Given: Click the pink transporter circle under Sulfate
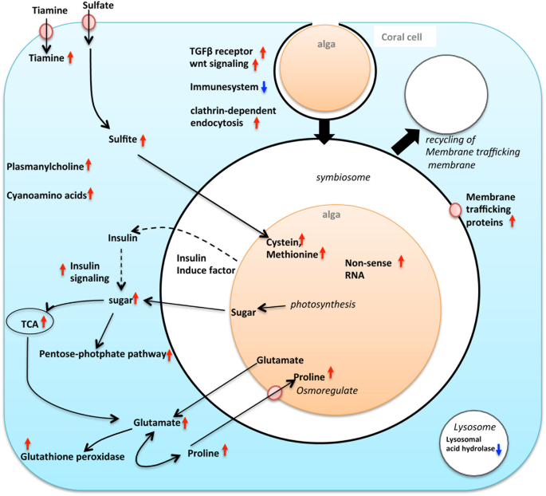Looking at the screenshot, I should click(89, 22).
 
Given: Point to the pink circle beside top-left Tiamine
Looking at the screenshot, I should click(47, 32).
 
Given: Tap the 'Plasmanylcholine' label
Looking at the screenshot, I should click(45, 166).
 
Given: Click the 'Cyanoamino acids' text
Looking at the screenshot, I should click(45, 194).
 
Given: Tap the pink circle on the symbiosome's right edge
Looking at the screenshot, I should click(454, 210).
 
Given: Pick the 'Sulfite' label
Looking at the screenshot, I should click(123, 140).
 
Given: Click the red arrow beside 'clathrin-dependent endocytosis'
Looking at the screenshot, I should click(257, 122).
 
